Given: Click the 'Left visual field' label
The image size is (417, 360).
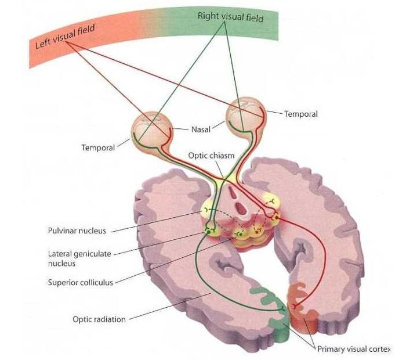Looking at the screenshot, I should pyautogui.click(x=65, y=36).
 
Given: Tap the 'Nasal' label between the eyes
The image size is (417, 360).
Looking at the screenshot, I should pyautogui.click(x=200, y=129).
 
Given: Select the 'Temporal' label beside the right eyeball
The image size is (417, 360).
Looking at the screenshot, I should pyautogui.click(x=300, y=114).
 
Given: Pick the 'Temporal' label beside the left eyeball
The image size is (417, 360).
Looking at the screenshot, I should pyautogui.click(x=98, y=147).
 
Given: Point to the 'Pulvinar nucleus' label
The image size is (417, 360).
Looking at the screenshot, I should pyautogui.click(x=77, y=231).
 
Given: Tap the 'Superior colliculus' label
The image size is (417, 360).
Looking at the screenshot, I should pyautogui.click(x=81, y=283).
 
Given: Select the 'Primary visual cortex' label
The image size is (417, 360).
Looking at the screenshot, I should pyautogui.click(x=354, y=349).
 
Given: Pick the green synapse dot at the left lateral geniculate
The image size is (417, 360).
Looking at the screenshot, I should pyautogui.click(x=207, y=232).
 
